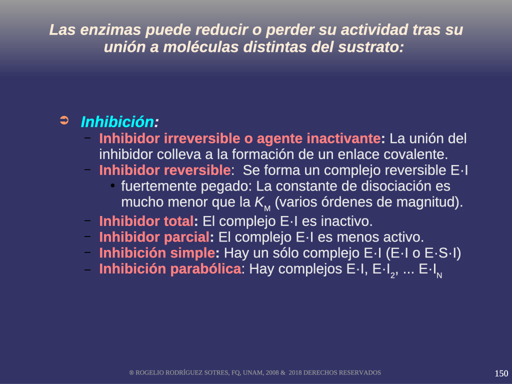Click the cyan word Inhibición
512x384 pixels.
click(117, 122)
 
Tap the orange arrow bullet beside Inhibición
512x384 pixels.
click(64, 120)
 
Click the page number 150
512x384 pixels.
click(501, 373)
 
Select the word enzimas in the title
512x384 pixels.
click(110, 30)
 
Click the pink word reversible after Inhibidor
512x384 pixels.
click(197, 170)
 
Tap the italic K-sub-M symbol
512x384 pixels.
click(262, 203)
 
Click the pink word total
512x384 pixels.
click(178, 221)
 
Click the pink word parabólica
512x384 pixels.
click(205, 269)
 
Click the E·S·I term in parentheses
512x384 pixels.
click(441, 253)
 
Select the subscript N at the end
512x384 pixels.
click(439, 275)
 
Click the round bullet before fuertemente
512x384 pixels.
click(112, 186)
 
